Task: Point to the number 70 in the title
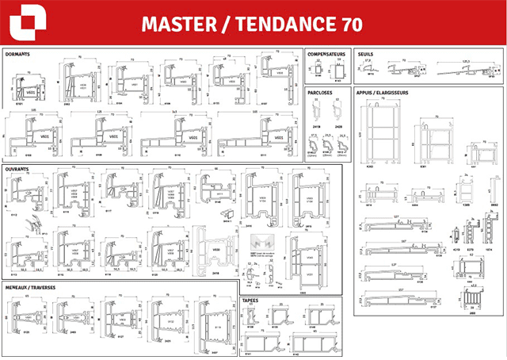coord(349,25)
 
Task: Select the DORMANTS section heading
coord(19,55)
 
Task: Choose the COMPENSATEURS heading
coord(328,55)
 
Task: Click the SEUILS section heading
coord(365,55)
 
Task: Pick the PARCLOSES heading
coord(320,93)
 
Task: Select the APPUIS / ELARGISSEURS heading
coord(383,93)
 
